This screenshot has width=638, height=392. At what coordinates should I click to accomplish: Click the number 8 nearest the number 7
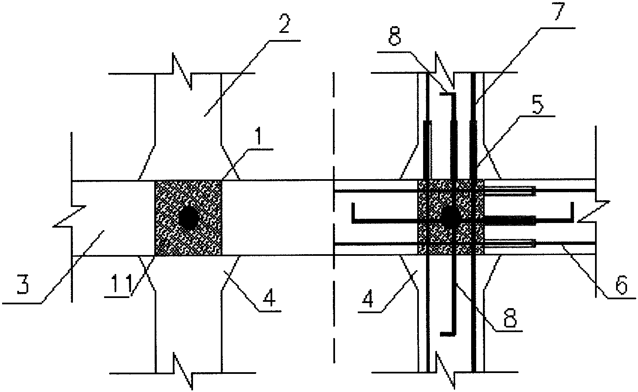pos(395,36)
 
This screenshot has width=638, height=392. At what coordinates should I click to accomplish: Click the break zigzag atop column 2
pos(182,71)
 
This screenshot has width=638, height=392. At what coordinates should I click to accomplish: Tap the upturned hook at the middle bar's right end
pos(572,211)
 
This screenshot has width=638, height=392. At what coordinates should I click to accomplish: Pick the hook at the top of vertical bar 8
pos(448,94)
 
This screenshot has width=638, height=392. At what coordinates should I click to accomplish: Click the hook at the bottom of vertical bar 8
pos(448,334)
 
